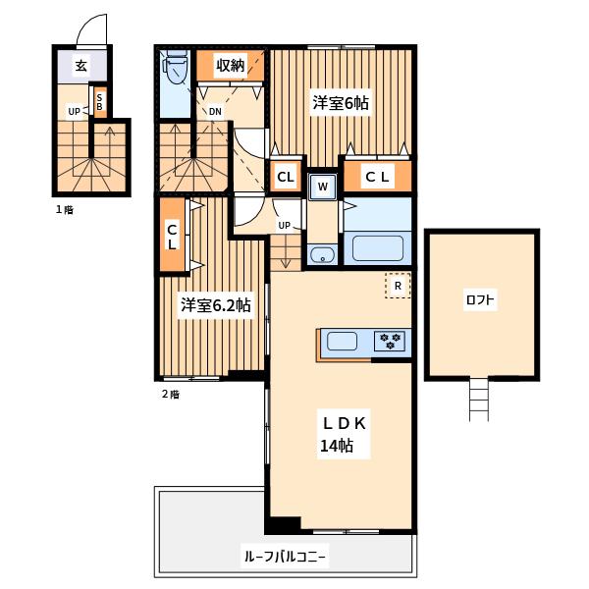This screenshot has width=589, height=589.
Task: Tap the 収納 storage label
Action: pyautogui.click(x=230, y=66)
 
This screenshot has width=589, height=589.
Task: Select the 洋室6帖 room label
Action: pyautogui.click(x=341, y=102)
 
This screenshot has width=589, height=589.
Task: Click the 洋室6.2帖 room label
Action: pyautogui.click(x=216, y=305)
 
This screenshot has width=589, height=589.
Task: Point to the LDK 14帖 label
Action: pyautogui.click(x=344, y=434)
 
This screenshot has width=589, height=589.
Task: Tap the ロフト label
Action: pyautogui.click(x=480, y=299)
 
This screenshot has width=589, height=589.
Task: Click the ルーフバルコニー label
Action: pyautogui.click(x=285, y=556)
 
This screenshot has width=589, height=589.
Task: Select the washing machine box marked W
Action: pyautogui.click(x=323, y=187)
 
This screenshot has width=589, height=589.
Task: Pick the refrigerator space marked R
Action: pyautogui.click(x=398, y=286)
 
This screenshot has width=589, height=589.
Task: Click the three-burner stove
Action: pyautogui.click(x=390, y=341)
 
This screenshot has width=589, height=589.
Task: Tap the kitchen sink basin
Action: pyautogui.click(x=342, y=341)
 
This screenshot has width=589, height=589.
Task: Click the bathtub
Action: pyautogui.click(x=378, y=248)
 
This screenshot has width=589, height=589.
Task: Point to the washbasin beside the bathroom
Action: pyautogui.click(x=323, y=255)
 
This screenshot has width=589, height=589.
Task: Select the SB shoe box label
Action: pyautogui.click(x=99, y=102)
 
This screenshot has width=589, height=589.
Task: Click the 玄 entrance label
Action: pyautogui.click(x=81, y=66)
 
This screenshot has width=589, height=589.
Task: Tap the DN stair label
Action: pyautogui.click(x=215, y=112)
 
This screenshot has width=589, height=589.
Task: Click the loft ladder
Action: pyautogui.click(x=479, y=400)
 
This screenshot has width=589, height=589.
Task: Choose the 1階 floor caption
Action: pyautogui.click(x=65, y=210)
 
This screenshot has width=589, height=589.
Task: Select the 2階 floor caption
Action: pyautogui.click(x=171, y=394)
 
